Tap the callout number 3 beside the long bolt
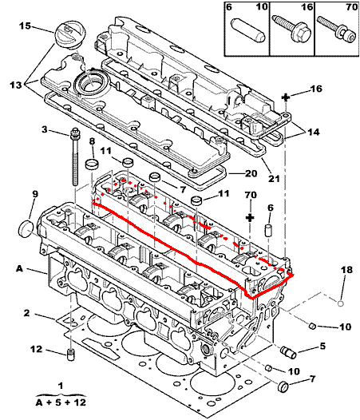point(45,129)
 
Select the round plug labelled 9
point(27,228)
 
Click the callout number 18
point(346,270)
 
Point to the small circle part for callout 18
point(341,303)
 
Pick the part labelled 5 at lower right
point(288,352)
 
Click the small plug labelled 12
point(70,356)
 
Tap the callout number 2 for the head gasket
point(26,313)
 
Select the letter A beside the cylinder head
point(19,268)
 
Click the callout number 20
point(251,173)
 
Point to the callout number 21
point(274,178)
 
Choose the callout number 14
point(314,132)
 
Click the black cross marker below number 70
point(250,217)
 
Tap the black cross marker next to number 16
point(286,97)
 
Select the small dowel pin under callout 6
point(268,231)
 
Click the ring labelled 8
point(92,164)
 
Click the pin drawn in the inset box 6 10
point(248,30)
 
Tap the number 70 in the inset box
point(351,7)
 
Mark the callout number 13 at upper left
point(15,85)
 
